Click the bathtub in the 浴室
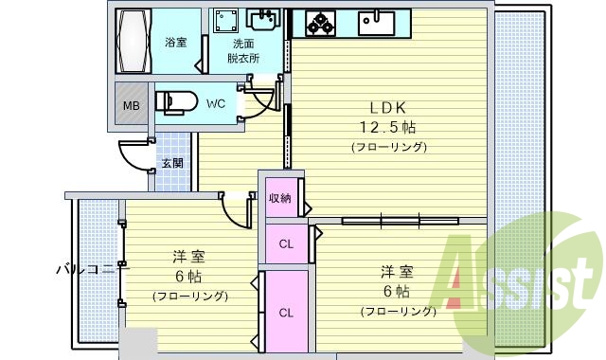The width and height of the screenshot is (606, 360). [133, 42]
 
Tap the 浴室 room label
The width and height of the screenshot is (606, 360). [175, 43]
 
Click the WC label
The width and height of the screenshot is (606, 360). [215, 103]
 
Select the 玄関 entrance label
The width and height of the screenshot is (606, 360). [172, 163]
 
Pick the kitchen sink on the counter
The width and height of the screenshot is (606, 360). [378, 22]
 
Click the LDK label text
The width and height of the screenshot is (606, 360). [388, 108]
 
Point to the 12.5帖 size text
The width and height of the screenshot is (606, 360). [388, 127]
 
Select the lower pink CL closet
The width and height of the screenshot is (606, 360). [285, 312]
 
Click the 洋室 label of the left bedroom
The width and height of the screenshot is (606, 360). [189, 257]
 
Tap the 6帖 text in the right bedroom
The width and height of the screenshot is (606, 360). [397, 290]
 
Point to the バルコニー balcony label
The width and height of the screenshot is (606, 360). [90, 269]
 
